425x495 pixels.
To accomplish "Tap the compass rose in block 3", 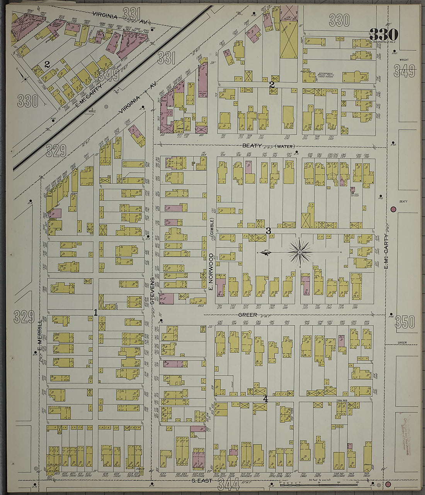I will click(299, 253).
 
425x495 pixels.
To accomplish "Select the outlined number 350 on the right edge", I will click(405, 322).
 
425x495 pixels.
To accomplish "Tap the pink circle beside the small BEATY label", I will click(393, 209).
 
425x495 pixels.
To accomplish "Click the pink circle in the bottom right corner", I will click(388, 484).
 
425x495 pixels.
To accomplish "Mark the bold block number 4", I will click(265, 399).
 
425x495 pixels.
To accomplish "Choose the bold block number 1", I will click(95, 313).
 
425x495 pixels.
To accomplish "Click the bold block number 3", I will click(268, 231).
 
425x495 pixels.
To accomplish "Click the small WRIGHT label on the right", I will click(404, 60).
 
